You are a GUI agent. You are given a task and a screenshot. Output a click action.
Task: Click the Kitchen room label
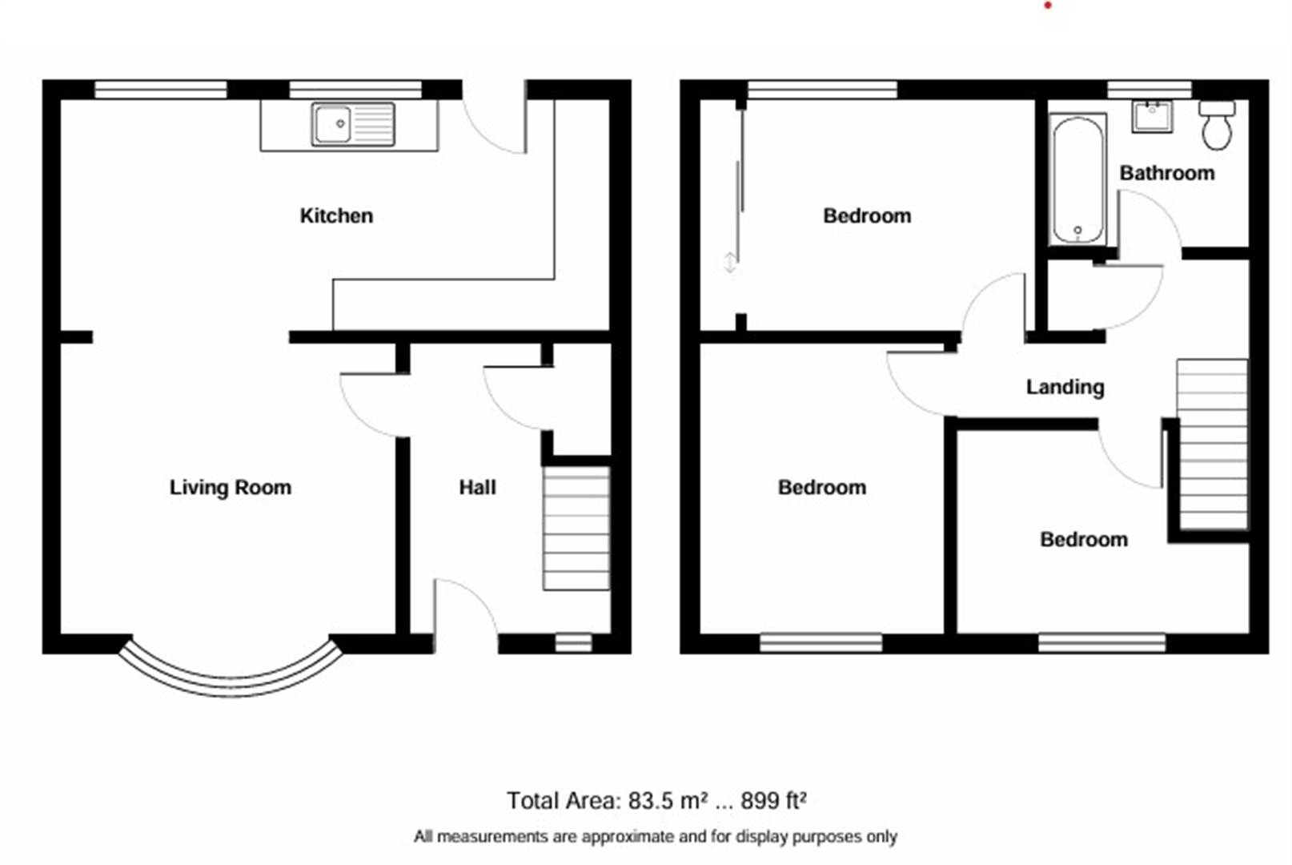click(336, 215)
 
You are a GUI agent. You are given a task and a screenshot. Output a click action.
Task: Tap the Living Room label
click(230, 488)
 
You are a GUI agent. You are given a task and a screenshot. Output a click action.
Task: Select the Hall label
click(477, 488)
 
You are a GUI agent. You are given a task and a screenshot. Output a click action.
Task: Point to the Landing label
click(1065, 387)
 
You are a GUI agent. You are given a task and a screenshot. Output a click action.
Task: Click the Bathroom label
click(1167, 173)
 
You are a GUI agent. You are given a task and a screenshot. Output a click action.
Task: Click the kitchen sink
click(353, 124)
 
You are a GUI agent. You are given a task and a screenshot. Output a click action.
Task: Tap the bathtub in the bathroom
click(1077, 179)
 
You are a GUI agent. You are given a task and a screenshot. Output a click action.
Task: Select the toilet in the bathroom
click(1217, 125)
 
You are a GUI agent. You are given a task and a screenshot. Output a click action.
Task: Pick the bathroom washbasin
click(1152, 117)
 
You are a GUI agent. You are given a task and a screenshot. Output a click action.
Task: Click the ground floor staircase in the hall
click(576, 528)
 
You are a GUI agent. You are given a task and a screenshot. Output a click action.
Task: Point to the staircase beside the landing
click(1212, 444)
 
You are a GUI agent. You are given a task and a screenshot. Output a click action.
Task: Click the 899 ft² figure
click(773, 801)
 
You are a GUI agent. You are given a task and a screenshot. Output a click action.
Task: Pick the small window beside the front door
click(573, 643)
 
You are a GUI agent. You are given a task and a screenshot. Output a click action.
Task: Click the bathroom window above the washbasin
click(1150, 90)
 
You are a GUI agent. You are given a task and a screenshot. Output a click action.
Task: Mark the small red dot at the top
click(1048, 6)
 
